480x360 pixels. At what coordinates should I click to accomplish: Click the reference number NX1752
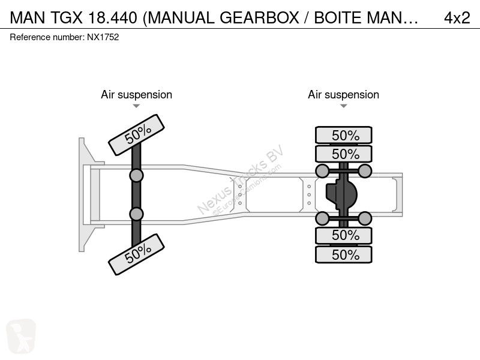103,37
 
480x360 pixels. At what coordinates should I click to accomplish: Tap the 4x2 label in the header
457,18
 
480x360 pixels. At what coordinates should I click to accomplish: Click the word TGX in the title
67,18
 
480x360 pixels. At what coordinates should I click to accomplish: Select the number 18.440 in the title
112,18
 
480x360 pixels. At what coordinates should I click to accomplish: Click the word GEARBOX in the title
260,18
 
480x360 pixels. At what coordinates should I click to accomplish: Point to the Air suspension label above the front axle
137,95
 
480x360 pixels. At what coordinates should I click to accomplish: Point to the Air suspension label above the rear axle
343,95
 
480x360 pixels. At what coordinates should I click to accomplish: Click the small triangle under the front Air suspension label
136,106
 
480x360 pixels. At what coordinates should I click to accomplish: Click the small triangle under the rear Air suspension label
343,106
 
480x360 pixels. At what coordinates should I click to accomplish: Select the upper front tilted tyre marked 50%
136,135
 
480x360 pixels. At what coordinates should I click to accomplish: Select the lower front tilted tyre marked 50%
136,254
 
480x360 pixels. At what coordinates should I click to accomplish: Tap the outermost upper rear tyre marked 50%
343,135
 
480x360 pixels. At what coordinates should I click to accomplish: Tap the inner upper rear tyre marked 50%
343,154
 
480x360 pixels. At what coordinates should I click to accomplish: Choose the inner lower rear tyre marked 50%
343,235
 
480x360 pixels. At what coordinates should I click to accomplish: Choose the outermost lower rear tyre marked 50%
343,254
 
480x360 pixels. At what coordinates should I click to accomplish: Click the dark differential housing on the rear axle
341,194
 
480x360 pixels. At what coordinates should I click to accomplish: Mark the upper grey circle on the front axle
136,176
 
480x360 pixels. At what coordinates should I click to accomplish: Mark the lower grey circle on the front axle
136,214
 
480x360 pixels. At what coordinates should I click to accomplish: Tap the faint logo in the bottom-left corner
21,336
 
